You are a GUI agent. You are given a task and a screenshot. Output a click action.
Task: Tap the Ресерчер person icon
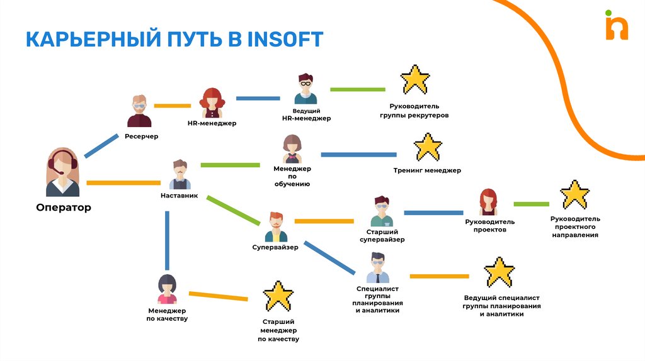[139, 111]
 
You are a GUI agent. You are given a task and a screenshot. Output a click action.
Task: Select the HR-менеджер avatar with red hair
[212, 103]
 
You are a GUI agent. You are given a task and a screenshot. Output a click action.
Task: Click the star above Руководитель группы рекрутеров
[414, 80]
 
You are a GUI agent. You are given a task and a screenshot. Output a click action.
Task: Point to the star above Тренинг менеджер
[428, 147]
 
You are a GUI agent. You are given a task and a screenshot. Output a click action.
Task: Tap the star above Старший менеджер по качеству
[278, 296]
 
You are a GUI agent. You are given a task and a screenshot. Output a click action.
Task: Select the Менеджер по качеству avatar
[167, 289]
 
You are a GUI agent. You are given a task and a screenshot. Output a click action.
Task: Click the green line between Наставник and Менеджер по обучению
[230, 165]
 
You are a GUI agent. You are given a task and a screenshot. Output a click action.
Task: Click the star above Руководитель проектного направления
[574, 195]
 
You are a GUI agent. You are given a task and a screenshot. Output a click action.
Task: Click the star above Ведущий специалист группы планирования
[499, 272]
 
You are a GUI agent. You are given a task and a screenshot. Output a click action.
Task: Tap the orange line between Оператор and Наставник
[123, 182]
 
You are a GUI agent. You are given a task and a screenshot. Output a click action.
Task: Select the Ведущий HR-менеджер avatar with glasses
[305, 89]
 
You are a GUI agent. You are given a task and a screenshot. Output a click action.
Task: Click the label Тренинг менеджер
[427, 170]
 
